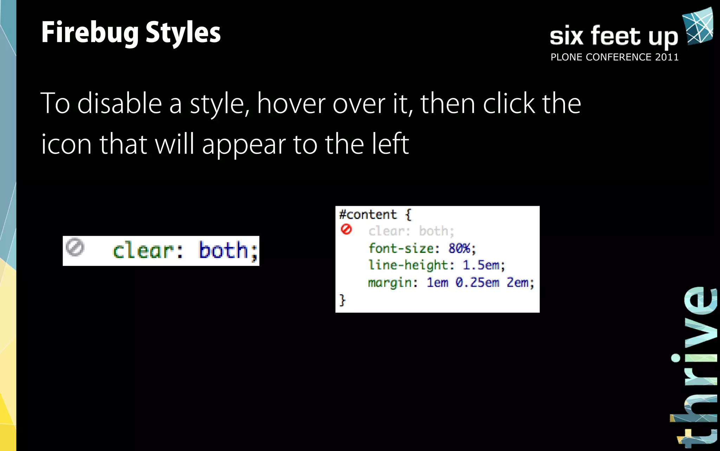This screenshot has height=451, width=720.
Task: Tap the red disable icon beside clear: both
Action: click(x=346, y=229)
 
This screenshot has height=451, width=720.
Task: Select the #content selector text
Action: click(x=368, y=215)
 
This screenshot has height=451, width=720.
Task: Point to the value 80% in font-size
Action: click(x=459, y=248)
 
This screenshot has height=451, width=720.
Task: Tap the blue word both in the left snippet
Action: click(x=224, y=250)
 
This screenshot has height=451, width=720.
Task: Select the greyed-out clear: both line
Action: click(x=411, y=231)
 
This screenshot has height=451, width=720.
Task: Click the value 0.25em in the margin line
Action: click(x=477, y=282)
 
